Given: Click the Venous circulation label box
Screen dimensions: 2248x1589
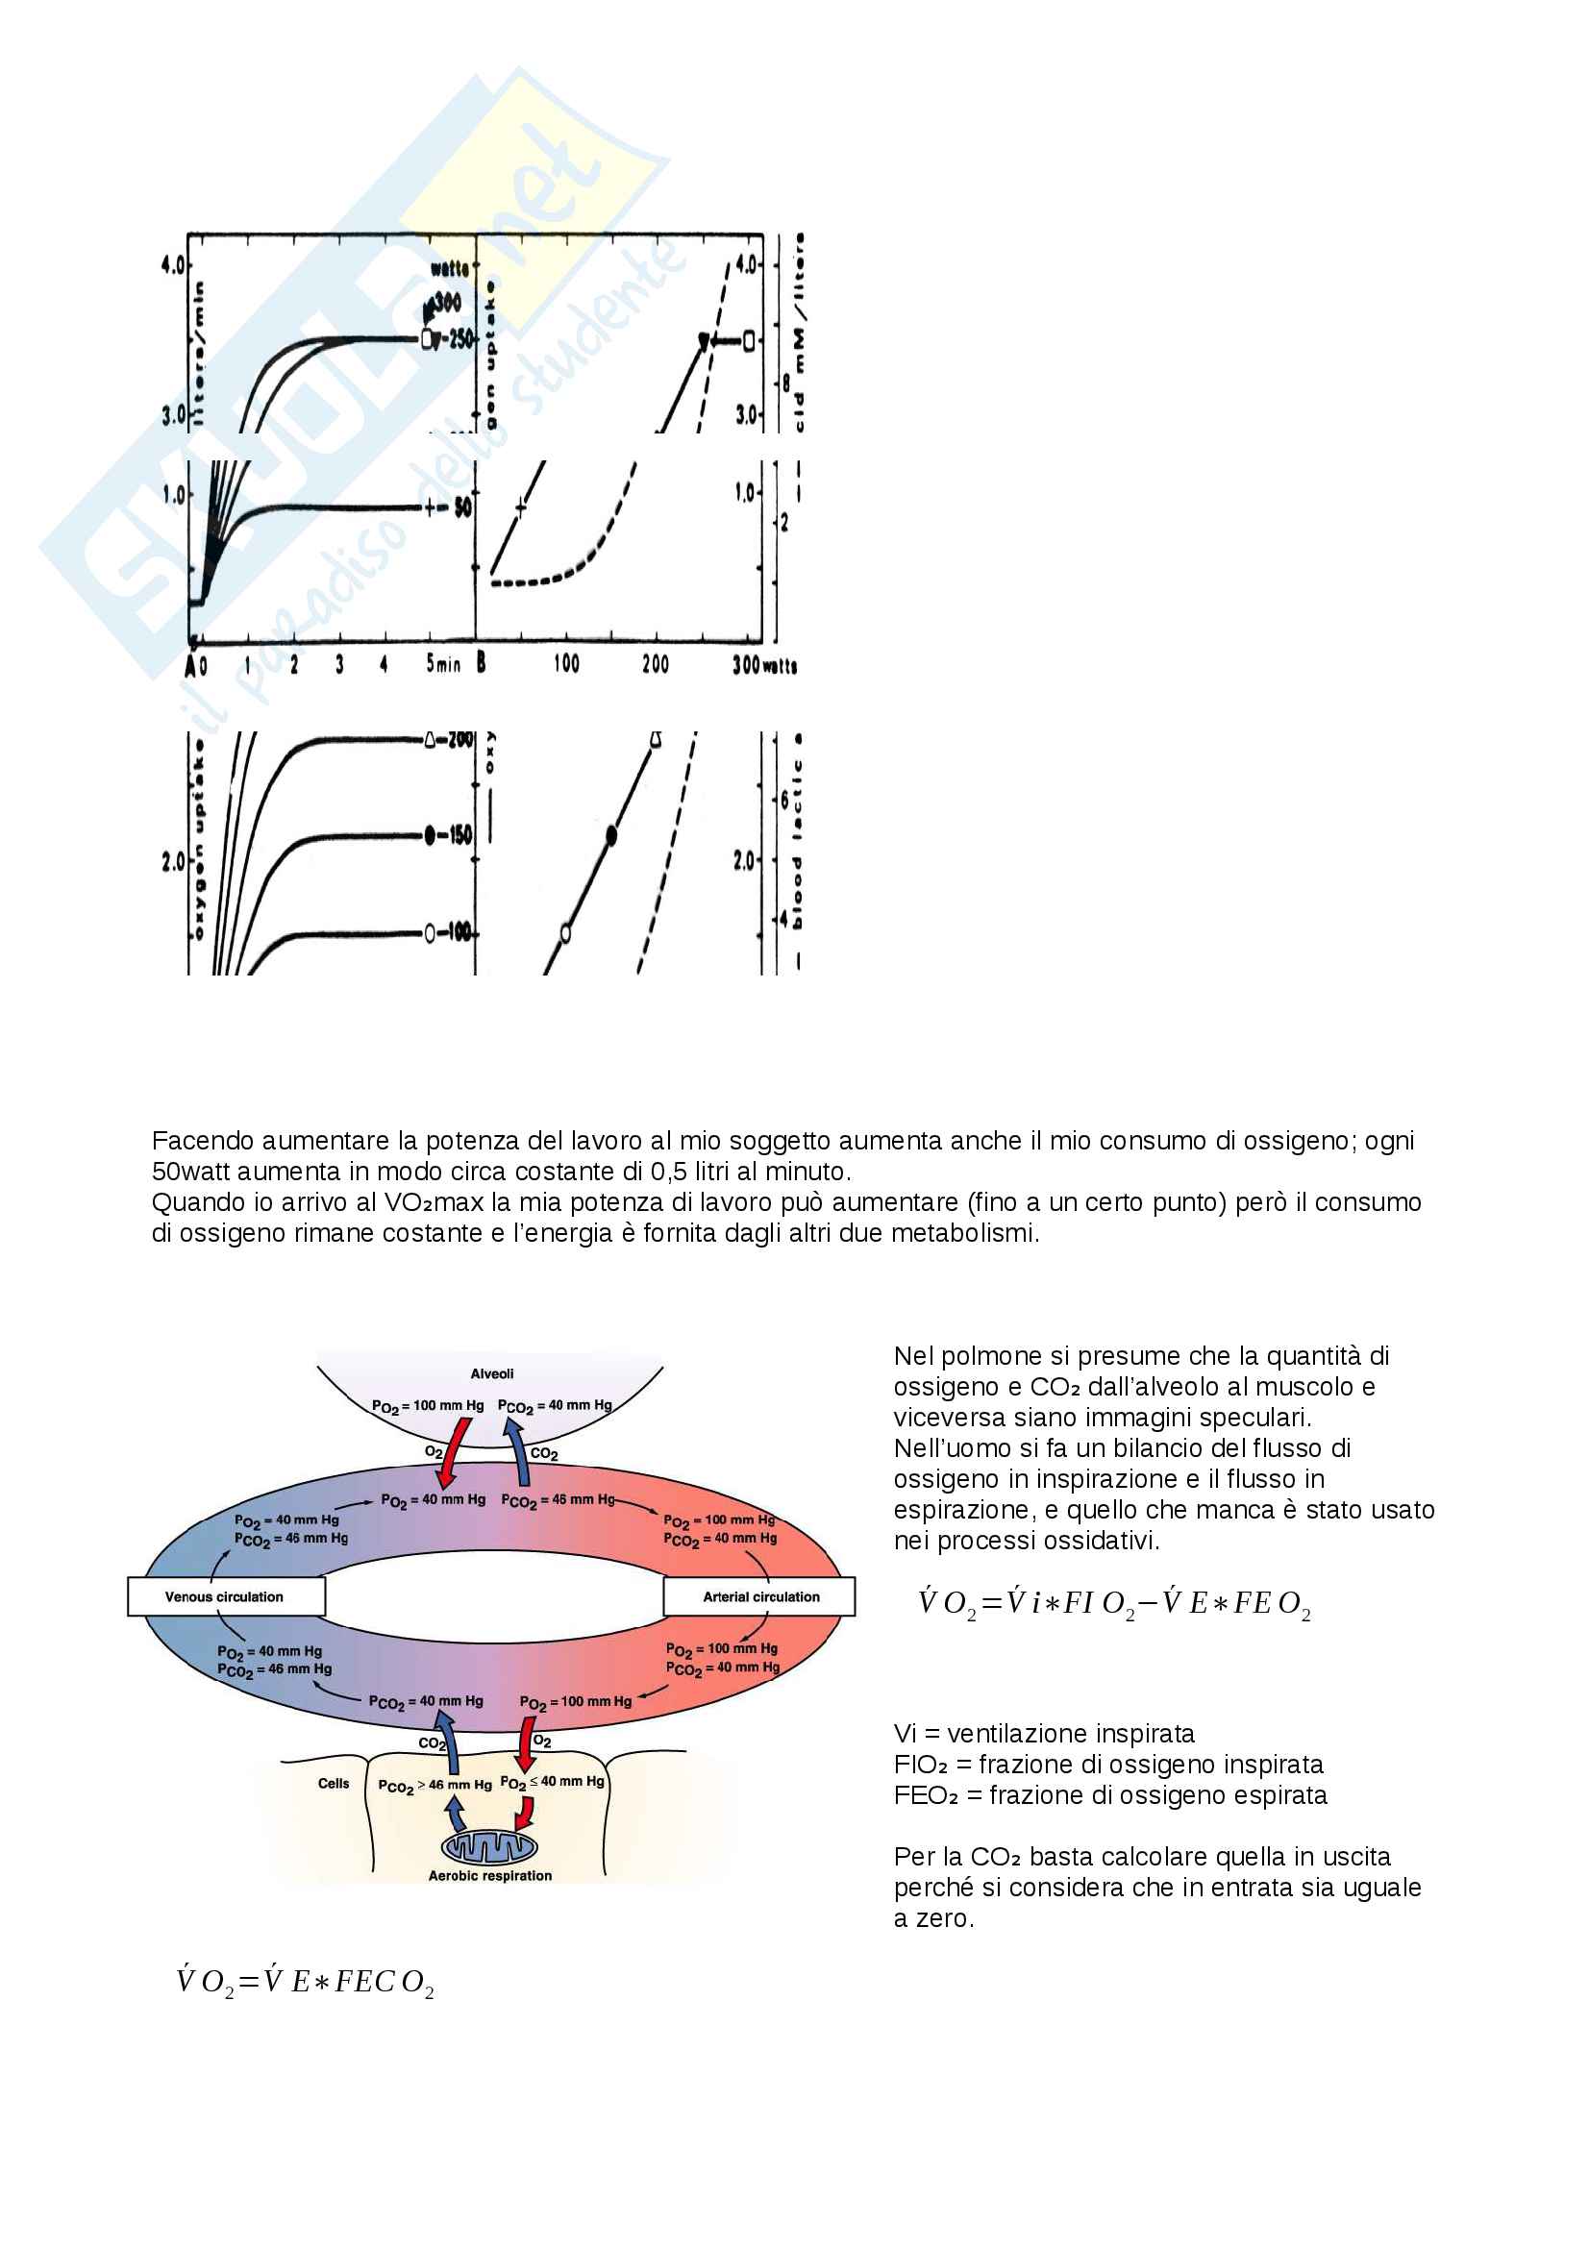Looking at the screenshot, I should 225,1596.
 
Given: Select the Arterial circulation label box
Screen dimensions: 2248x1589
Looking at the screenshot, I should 759,1596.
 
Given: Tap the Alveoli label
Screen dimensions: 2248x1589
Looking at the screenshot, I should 491,1373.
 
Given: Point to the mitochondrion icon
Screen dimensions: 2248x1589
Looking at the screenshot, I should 489,1846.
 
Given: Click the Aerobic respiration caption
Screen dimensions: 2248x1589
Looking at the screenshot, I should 489,1876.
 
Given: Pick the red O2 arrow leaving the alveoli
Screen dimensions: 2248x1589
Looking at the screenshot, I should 453,1462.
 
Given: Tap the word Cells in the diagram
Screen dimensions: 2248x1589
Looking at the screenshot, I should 333,1783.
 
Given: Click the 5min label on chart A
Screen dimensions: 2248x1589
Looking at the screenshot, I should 442,664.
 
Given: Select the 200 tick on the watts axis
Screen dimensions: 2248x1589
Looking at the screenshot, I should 655,664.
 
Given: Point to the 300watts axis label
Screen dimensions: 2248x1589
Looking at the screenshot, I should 763,665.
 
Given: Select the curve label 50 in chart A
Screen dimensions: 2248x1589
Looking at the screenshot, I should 462,507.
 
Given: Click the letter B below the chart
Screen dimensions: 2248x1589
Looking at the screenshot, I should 481,663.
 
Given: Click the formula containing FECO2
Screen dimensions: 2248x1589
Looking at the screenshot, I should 305,1983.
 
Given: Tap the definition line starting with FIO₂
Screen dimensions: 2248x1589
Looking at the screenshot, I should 1107,1765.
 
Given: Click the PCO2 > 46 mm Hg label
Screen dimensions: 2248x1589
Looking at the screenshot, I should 434,1785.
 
